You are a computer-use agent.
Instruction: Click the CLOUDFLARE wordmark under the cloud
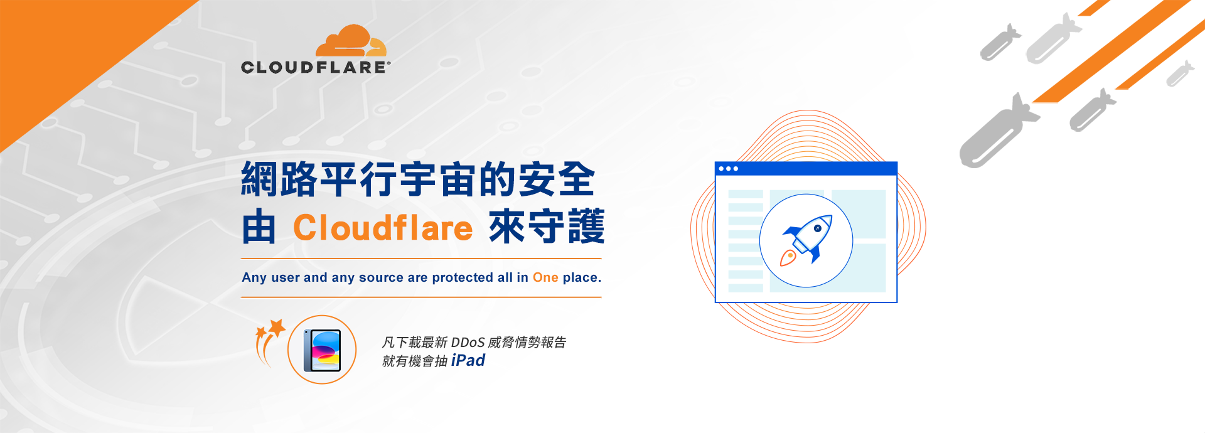(315, 67)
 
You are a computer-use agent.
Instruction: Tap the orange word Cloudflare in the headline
(383, 227)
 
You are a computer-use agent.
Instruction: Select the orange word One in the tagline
(545, 277)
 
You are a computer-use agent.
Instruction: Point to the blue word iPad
(468, 360)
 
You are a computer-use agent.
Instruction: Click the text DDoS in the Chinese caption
(468, 342)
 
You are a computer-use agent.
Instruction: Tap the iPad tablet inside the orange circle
(322, 350)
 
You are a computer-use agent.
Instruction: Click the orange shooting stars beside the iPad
(269, 341)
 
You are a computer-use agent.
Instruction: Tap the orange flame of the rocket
(788, 257)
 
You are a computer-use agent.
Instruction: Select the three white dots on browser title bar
(728, 169)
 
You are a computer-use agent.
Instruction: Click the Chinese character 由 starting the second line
(259, 227)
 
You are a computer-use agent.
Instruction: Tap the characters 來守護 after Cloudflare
(546, 227)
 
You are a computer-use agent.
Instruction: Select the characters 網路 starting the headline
(279, 179)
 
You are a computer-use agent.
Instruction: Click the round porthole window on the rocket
(817, 228)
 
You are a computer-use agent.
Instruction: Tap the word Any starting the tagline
(254, 277)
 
